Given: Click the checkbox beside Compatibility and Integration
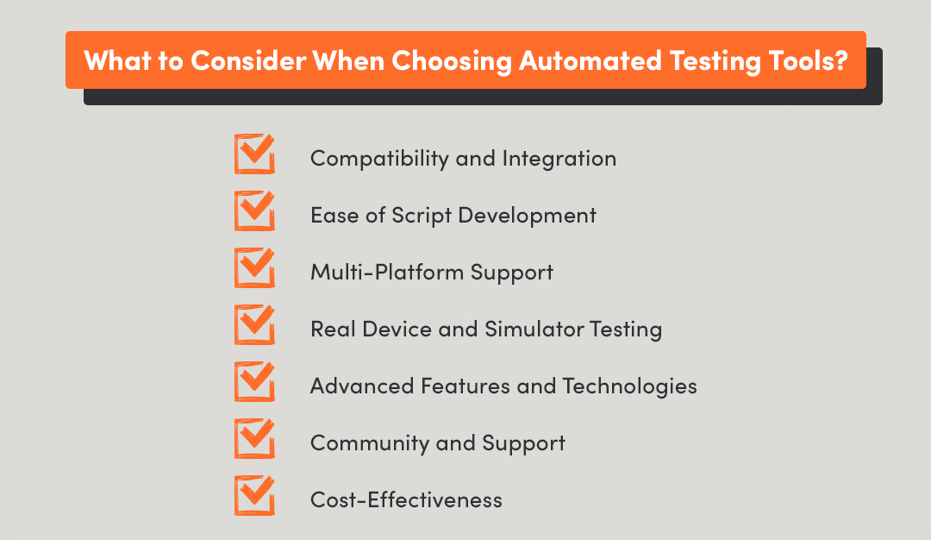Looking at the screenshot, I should tap(254, 155).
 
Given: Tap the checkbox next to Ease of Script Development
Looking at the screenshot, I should tap(254, 212).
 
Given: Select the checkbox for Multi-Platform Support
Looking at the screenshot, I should tap(254, 269).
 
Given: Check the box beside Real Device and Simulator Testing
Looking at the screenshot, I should tap(254, 326).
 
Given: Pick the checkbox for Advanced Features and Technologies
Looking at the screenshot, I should tap(254, 383).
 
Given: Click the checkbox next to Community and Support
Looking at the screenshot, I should tap(254, 440).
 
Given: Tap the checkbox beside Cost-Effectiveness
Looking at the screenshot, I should tap(254, 497).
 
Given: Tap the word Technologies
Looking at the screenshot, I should tap(630, 386).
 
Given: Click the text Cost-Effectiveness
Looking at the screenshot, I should tap(406, 500).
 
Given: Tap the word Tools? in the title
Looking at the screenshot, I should tap(808, 62).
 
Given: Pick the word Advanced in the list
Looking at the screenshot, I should tap(362, 386).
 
